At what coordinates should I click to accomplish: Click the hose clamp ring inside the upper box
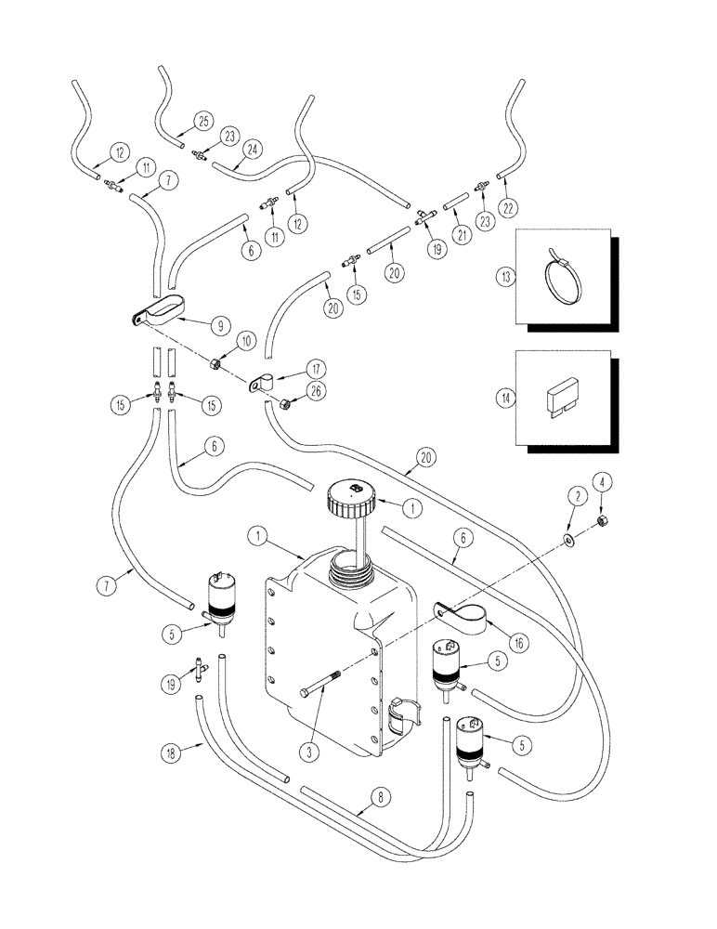point(569,279)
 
